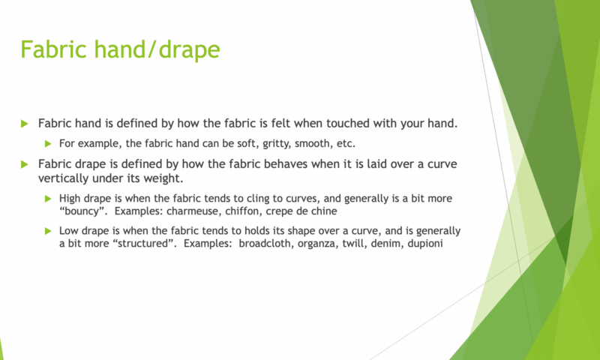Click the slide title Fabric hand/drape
tap(120, 49)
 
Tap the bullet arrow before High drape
tap(48, 199)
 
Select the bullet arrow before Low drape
tap(48, 231)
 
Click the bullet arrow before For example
tap(48, 144)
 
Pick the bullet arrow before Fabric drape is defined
tap(25, 164)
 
